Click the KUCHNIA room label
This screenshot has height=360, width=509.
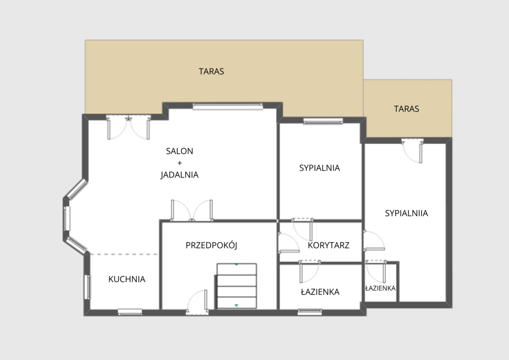point(127,279)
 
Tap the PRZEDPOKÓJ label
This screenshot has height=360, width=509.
point(211,245)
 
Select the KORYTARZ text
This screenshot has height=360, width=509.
point(329,245)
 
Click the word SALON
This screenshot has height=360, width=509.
point(179,151)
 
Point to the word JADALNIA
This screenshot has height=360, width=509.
point(179,175)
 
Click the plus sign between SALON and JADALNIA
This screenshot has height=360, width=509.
point(179,163)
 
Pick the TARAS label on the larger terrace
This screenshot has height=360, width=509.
point(211,72)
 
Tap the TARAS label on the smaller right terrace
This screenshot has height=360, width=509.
point(407,109)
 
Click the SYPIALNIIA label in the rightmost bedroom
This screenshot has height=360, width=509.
point(407,213)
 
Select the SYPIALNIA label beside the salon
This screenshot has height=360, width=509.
point(320,168)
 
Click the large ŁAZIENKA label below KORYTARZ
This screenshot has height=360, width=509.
point(320,292)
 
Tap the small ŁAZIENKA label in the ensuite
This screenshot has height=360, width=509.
point(380,288)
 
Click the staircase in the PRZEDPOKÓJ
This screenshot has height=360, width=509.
point(237,286)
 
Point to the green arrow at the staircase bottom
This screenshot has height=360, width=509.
point(236,305)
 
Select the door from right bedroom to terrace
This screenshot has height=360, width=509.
point(413,151)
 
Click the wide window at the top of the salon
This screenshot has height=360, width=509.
point(228,106)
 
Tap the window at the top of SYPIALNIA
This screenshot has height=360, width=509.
point(323,121)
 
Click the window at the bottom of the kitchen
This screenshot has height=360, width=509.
point(130,312)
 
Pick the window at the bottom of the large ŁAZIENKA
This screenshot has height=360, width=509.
point(310,312)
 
